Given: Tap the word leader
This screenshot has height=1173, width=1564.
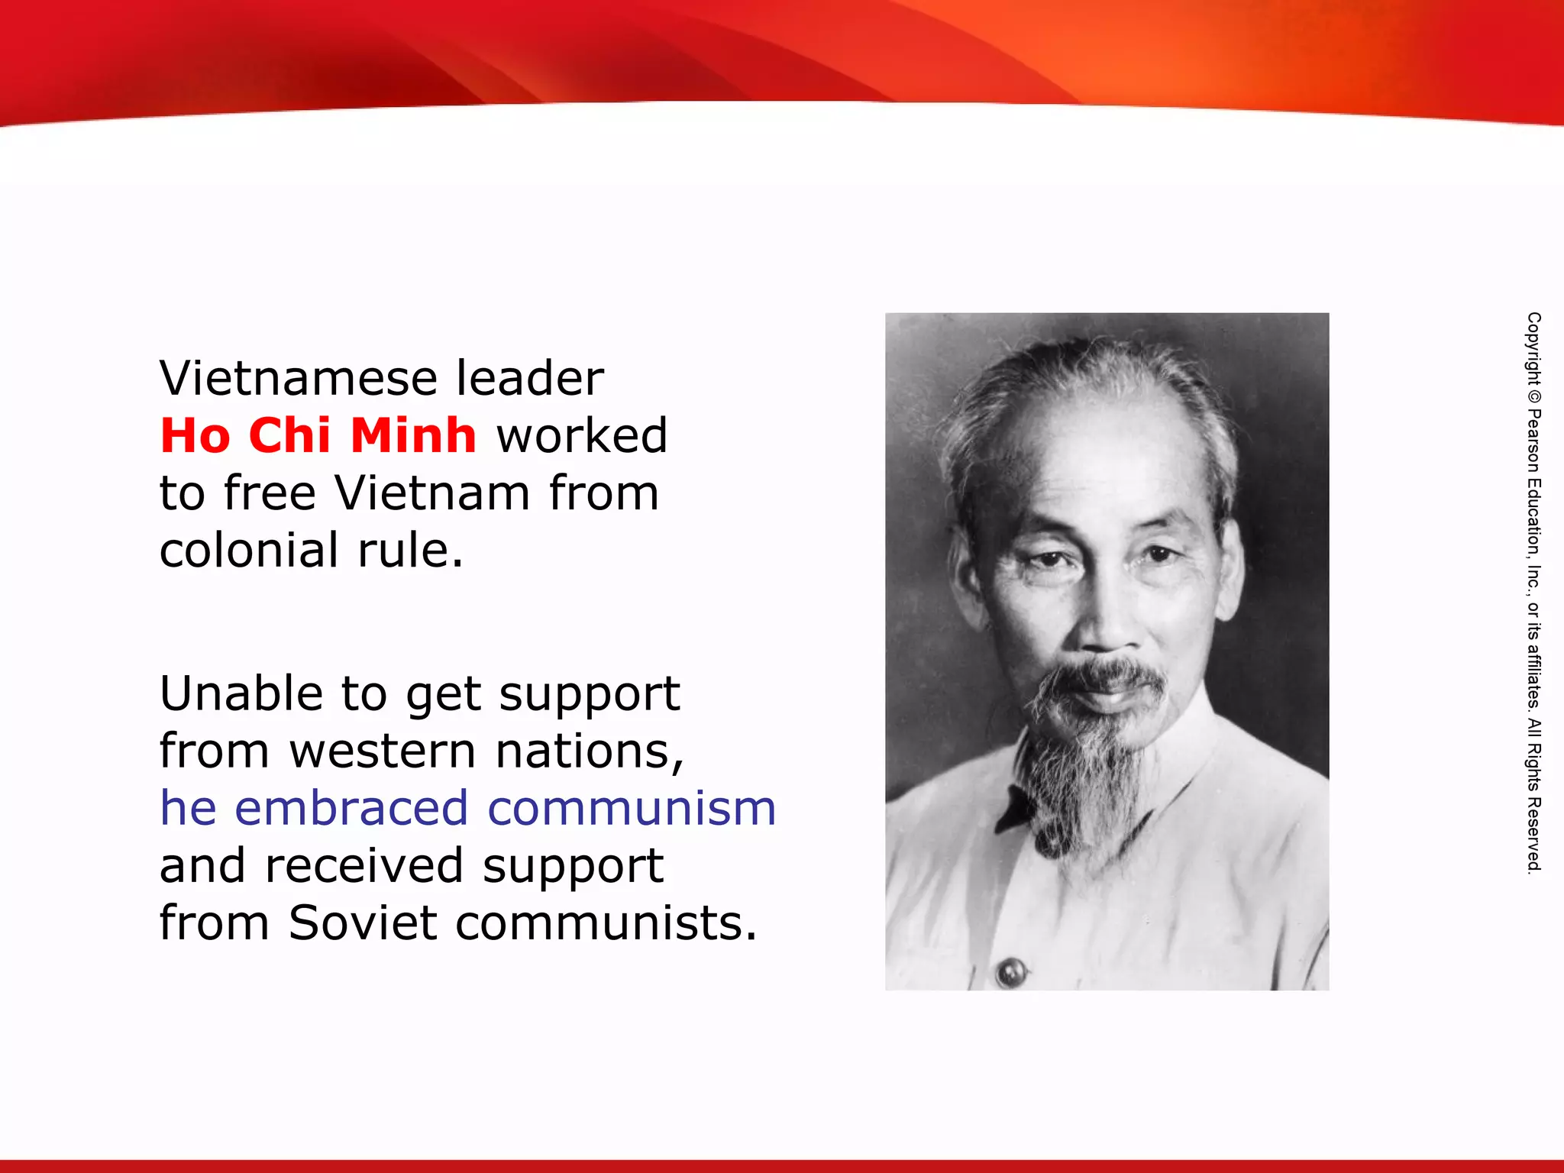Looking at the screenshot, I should point(530,378).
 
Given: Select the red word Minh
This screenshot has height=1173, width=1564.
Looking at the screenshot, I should point(413,435).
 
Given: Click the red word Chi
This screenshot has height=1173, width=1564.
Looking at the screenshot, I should point(289,435).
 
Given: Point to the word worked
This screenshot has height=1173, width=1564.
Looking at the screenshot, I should point(582,435).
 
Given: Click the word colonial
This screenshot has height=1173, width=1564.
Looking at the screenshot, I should point(249,550).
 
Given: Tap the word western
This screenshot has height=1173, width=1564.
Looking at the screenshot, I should point(383,751).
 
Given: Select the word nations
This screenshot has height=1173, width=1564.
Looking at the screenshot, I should point(589,751).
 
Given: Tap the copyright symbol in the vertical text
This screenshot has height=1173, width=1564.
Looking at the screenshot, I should point(1533,397).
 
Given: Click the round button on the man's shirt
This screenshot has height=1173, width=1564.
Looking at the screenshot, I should point(1012,972).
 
